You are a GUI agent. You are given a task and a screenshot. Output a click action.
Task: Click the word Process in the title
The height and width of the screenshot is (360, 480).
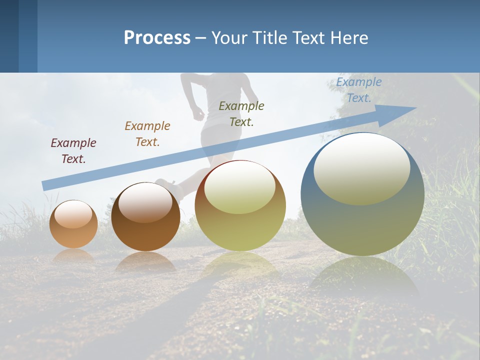point(157,38)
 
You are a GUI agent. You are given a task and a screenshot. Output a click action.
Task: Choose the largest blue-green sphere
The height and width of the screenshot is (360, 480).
point(362,200)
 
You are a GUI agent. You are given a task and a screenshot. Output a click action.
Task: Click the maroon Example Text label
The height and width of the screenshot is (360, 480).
point(73,150)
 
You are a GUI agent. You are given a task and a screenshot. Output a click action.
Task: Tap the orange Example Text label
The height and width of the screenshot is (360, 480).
point(147,134)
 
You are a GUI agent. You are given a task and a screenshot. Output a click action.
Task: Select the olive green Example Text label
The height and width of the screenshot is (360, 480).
point(241,113)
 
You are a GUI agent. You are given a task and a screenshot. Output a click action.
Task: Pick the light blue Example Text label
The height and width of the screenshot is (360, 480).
point(359,90)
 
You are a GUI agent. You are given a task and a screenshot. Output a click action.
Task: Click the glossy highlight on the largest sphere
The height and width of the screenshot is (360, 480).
point(361,167)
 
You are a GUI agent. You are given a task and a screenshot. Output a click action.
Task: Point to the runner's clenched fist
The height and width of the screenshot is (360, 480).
point(198,114)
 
